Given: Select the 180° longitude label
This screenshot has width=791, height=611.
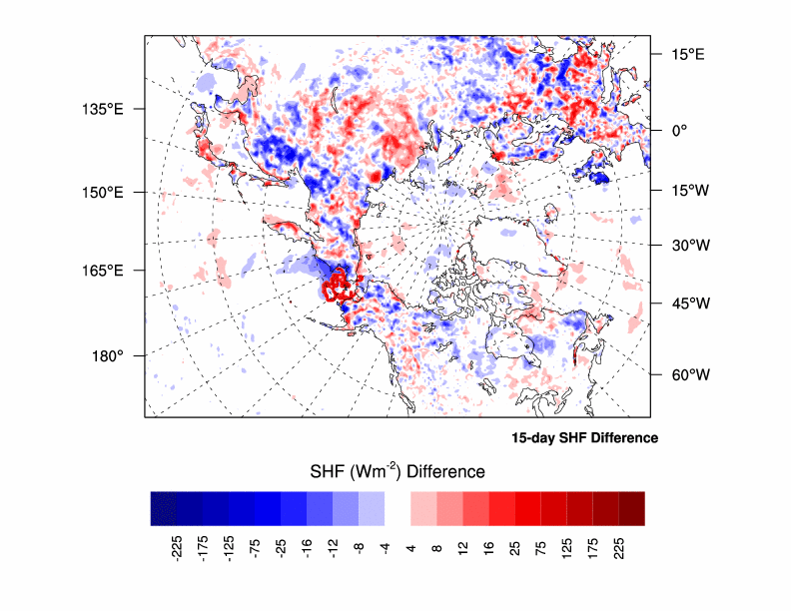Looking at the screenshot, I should tap(108, 355).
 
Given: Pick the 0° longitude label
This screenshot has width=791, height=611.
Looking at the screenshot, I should tap(677, 130).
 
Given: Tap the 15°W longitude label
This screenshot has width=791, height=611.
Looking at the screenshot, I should tap(688, 190).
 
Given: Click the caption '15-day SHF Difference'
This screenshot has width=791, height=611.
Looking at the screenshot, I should tap(584, 438).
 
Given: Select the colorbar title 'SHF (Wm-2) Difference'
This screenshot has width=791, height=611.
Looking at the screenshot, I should tap(395, 471).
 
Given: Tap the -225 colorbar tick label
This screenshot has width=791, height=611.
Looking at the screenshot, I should tap(177, 549).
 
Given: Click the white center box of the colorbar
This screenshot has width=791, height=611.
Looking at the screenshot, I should tap(397, 508).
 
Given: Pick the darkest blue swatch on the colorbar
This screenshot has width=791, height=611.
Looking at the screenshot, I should tap(164, 508).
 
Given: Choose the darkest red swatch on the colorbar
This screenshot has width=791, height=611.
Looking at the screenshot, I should tap(631, 508).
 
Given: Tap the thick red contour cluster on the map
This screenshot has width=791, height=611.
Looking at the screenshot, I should tap(339, 286).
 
